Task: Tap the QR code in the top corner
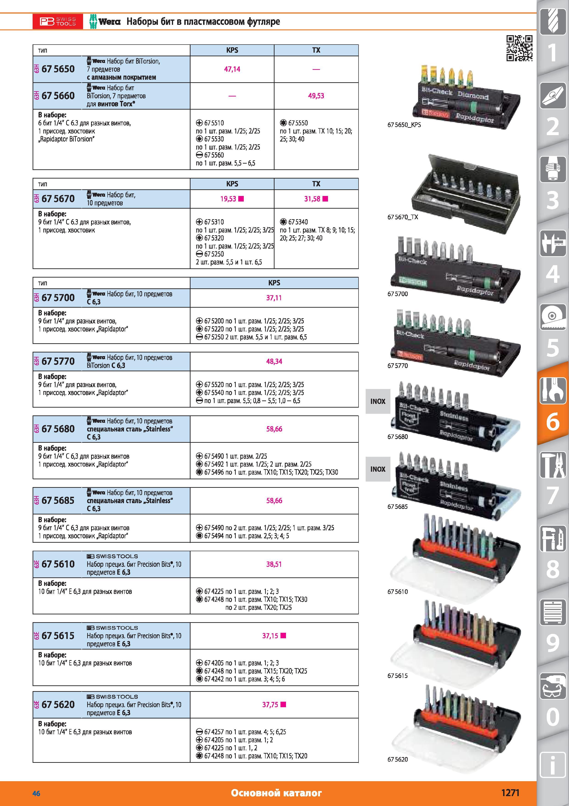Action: [520, 48]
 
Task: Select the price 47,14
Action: [232, 69]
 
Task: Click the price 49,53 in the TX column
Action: [316, 96]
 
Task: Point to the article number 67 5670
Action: [58, 199]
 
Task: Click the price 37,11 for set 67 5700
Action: [274, 298]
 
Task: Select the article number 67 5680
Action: [58, 429]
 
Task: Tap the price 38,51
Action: [274, 565]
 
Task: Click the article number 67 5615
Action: [58, 636]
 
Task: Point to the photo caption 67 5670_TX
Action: [402, 217]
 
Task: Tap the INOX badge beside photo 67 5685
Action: [378, 469]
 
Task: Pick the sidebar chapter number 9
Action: [552, 644]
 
